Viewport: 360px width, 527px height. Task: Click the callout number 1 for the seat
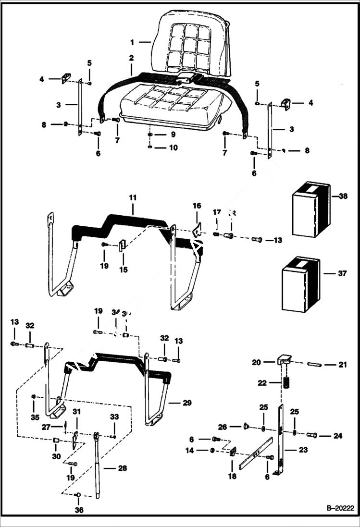tap(132, 42)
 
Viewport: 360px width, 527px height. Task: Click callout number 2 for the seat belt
tap(131, 58)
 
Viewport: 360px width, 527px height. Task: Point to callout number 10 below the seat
tap(172, 147)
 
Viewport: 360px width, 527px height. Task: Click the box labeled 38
tap(311, 209)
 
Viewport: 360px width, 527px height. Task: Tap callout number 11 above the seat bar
tap(133, 198)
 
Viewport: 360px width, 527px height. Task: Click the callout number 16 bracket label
tap(197, 206)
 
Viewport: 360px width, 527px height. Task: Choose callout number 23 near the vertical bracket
tap(303, 450)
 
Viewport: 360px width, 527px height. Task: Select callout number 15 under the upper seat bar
tap(124, 270)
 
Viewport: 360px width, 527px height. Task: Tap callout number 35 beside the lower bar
tap(35, 417)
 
